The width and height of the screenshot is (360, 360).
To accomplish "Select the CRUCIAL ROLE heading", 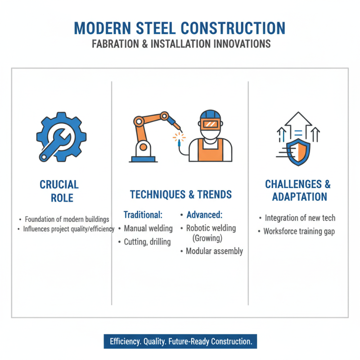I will (x=59, y=191).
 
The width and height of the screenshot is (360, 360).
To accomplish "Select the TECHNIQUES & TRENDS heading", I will (x=180, y=194).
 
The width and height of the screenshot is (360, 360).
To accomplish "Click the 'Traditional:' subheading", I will (x=143, y=215).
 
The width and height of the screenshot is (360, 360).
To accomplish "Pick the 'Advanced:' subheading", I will (x=204, y=215).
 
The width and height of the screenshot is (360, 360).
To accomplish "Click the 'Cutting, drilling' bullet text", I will (x=147, y=242).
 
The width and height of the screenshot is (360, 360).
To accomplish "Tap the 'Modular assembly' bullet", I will (x=214, y=251).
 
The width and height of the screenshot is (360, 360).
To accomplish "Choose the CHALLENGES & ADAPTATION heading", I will (x=297, y=190).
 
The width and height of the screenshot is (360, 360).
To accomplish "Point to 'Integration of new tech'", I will (x=300, y=218).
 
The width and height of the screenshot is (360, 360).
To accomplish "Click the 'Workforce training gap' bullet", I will (x=299, y=232).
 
